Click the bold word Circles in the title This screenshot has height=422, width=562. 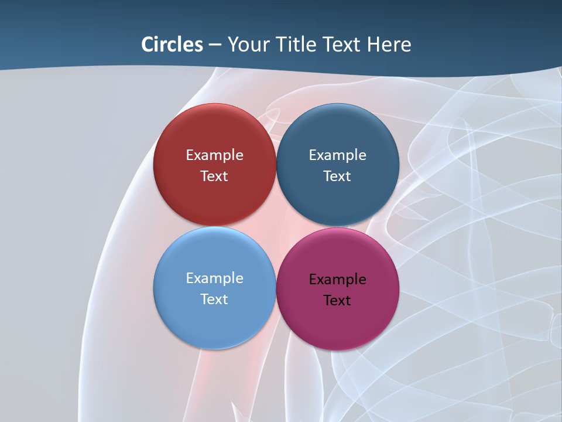click(172, 45)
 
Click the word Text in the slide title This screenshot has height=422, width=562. click(342, 45)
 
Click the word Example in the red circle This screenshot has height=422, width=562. click(214, 155)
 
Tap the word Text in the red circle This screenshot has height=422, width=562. click(214, 176)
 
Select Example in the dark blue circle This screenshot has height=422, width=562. click(337, 155)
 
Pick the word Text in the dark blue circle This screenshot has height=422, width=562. click(337, 176)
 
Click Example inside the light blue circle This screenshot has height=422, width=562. click(214, 278)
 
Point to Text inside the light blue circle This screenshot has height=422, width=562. click(214, 300)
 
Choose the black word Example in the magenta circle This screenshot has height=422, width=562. click(337, 280)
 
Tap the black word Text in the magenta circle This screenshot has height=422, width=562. click(337, 301)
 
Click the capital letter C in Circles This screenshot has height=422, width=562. click(148, 45)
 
